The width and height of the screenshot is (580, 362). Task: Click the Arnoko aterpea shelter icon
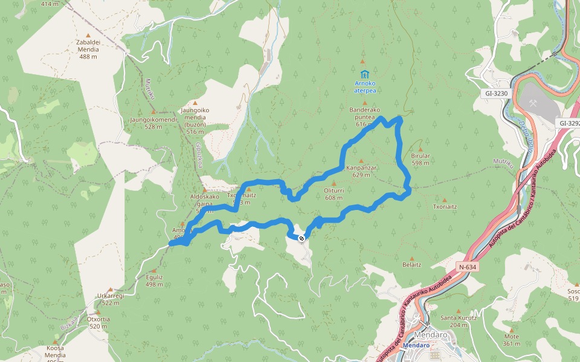click(364, 74)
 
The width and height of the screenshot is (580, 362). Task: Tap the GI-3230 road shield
click(496, 94)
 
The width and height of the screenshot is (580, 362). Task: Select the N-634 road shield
click(466, 267)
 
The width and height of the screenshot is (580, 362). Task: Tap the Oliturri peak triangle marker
click(333, 183)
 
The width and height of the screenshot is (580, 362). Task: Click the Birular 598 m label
click(420, 159)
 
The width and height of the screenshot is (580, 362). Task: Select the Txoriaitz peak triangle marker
click(445, 200)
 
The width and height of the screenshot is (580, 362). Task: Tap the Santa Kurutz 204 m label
click(459, 321)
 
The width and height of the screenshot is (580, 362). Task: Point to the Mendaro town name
click(431, 335)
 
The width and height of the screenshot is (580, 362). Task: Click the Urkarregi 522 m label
click(110, 299)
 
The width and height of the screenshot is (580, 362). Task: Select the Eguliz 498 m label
click(154, 281)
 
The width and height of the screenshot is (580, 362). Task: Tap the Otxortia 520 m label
click(97, 322)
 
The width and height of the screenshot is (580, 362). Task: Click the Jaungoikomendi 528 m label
click(153, 122)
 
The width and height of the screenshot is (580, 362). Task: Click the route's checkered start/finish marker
click(301, 238)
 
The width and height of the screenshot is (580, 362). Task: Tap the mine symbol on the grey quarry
click(533, 103)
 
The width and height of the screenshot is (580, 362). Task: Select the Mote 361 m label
click(511, 340)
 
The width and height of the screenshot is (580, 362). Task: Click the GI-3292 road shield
click(569, 124)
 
